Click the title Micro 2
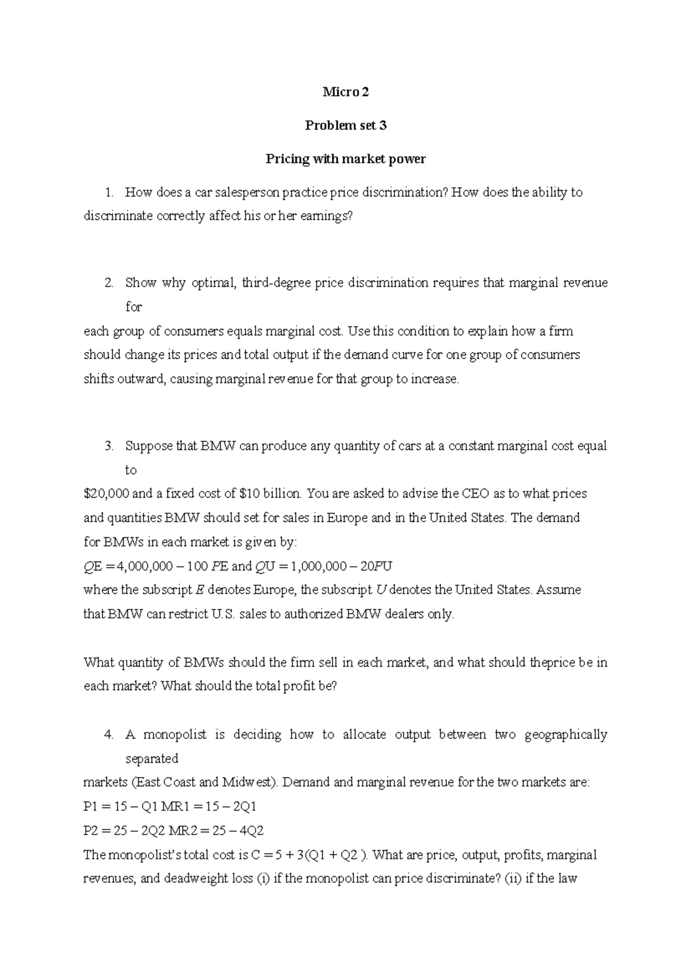tap(345, 92)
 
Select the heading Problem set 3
tap(345, 126)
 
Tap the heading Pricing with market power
tap(345, 159)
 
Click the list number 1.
tap(109, 192)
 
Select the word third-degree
tap(276, 283)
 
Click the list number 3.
tap(109, 446)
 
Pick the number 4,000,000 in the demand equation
tap(145, 566)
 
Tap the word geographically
tap(566, 734)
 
